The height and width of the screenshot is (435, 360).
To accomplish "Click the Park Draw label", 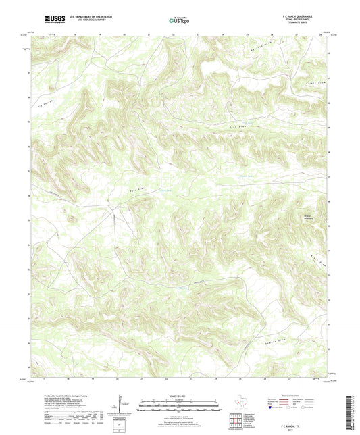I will point(137,190).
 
